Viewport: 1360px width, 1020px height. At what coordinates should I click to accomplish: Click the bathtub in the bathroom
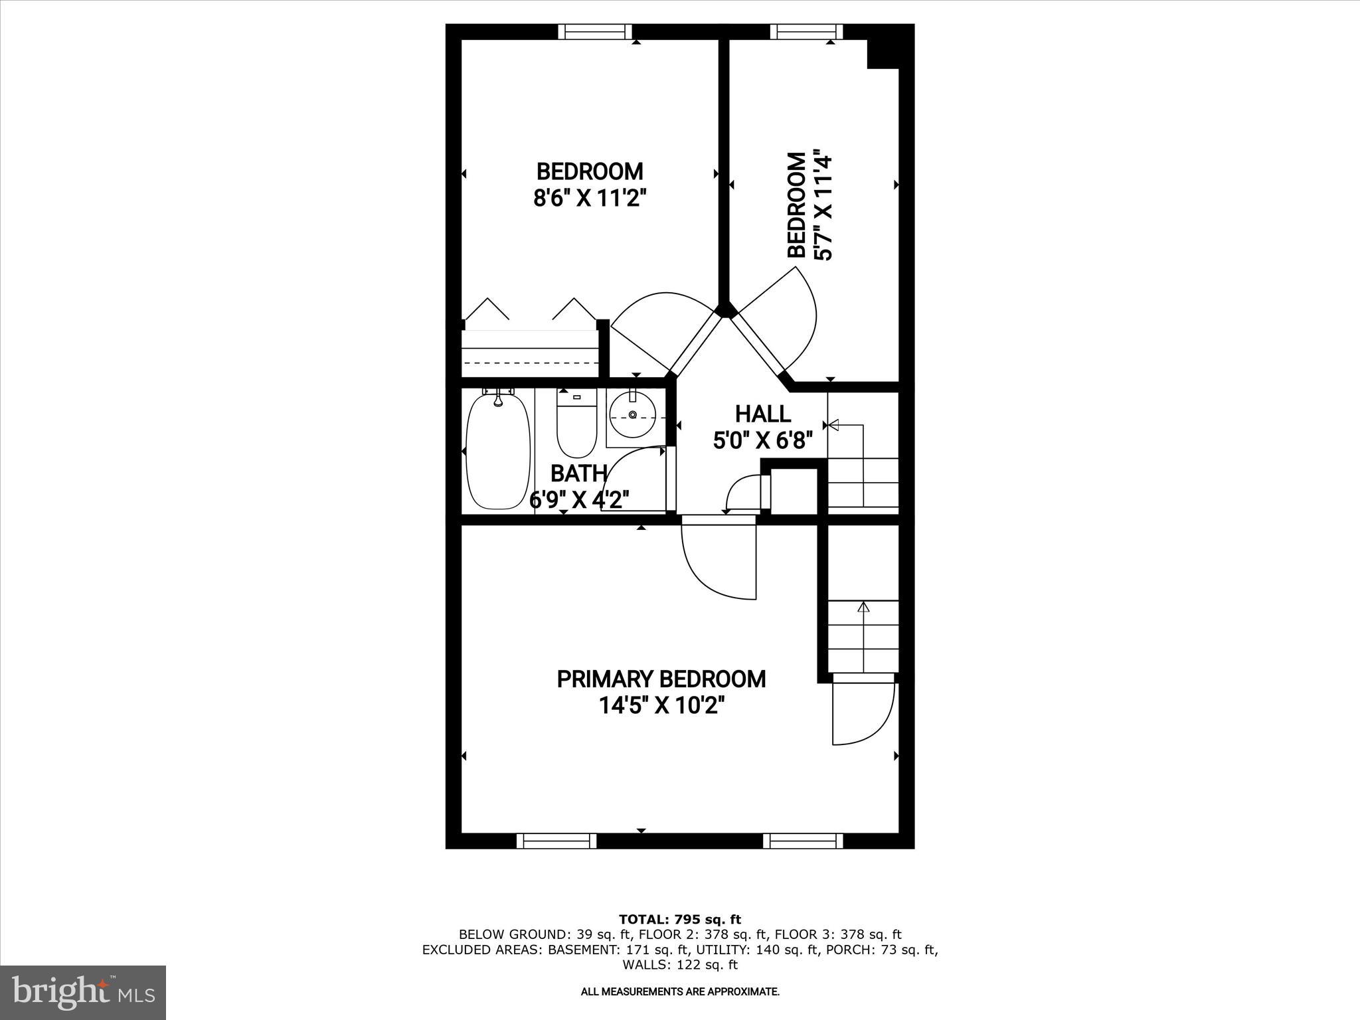point(499,451)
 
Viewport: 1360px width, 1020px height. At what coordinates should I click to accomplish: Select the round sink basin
point(632,414)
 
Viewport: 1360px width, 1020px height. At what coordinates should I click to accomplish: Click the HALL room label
point(762,414)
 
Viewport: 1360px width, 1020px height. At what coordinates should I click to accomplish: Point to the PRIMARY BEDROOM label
point(661,679)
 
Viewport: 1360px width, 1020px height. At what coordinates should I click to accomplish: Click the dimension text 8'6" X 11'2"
point(590,198)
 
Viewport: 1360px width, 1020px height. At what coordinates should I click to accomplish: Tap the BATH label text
point(578,473)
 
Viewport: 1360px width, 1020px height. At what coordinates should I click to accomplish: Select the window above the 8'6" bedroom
point(594,31)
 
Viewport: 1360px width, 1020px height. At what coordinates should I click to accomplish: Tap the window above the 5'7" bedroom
point(806,31)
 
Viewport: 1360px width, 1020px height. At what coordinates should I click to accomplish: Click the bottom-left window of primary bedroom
point(556,841)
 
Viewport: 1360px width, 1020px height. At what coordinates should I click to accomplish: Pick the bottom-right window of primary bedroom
point(802,841)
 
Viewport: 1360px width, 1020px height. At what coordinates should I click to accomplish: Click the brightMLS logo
point(83,993)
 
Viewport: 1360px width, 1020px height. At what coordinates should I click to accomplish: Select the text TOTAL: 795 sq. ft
point(679,920)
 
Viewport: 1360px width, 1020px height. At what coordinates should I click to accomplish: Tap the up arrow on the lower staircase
point(863,606)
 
